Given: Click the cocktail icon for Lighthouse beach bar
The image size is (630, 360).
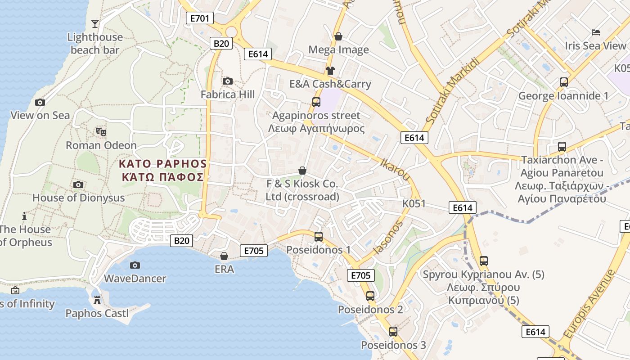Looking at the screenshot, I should pos(94,23).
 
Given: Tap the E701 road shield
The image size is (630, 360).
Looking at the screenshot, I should pos(199,18).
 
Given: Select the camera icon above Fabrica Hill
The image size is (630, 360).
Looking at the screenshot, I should pos(228,81).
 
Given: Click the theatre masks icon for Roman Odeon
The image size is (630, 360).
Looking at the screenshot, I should pos(101,132).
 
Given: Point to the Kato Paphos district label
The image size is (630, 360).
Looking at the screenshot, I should pos(162,170).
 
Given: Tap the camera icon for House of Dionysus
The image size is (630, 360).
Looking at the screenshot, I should pos(78,184).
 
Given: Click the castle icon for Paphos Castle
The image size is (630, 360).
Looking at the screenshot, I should pos(97,300).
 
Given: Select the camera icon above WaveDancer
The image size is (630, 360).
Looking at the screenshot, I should pos(135,265).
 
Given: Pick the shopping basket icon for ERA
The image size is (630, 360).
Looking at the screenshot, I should pos(224,256).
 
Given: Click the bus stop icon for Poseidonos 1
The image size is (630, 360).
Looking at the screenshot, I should pos(319,236).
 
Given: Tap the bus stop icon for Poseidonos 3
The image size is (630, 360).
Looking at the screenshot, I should pos(393,332).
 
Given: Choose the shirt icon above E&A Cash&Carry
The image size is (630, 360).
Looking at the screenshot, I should pos(330,70).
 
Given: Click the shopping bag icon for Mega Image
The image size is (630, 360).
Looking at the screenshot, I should pos(338,36).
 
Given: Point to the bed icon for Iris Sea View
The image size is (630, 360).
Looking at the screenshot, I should pos(596,32).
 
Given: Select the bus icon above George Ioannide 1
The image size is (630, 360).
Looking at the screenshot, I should pos(564,82).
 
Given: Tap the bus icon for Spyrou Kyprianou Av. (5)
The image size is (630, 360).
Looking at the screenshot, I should pos(484,261).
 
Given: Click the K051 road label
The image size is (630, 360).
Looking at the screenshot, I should pos(414,203).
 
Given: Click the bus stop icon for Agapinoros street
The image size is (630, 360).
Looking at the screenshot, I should pos(316,102).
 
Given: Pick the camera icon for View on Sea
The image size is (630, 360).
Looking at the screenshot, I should pos(40,102).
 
